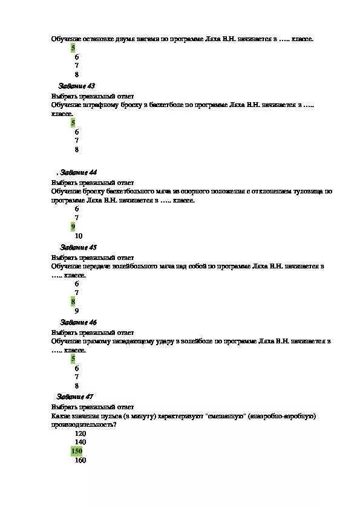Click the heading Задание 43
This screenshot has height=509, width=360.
[x=77, y=86]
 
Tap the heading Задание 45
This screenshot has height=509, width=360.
[x=79, y=247]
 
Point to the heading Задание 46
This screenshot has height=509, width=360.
[x=79, y=322]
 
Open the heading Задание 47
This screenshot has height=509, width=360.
[x=75, y=397]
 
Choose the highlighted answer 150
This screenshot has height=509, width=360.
[x=77, y=451]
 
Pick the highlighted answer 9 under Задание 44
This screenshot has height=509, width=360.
[x=73, y=227]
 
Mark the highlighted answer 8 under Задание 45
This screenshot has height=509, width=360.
[x=73, y=301]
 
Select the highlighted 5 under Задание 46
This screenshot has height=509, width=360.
[x=73, y=359]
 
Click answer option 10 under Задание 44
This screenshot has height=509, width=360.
[x=79, y=236]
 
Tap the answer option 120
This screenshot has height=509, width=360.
[x=80, y=433]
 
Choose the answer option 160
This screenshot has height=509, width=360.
[x=80, y=460]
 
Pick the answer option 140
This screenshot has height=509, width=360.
[x=80, y=442]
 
